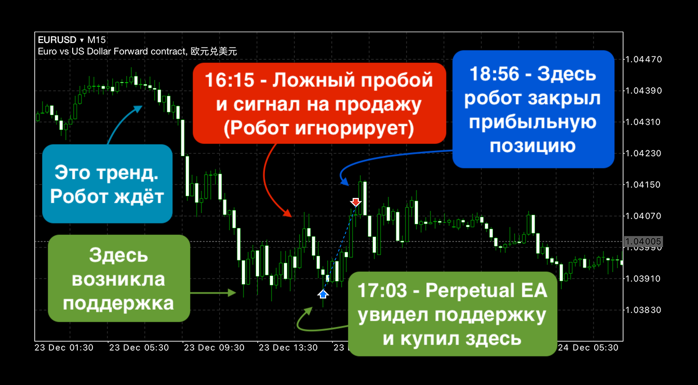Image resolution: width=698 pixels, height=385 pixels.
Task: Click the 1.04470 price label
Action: (643, 60)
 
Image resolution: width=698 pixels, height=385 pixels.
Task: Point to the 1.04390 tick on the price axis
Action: (643, 91)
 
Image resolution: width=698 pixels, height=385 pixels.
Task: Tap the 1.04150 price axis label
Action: (643, 184)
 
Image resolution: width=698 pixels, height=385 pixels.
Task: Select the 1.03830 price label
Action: (643, 310)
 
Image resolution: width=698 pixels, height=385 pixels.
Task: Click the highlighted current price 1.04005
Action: (643, 241)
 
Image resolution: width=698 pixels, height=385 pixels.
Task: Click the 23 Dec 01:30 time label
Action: (64, 348)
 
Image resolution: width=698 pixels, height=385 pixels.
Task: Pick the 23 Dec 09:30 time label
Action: (214, 348)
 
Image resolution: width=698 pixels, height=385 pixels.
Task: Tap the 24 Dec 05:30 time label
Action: (588, 348)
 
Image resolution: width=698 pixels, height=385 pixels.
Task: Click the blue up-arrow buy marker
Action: (323, 294)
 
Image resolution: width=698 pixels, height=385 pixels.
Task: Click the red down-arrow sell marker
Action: (356, 202)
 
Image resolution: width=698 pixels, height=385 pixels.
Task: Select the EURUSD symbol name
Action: (57, 40)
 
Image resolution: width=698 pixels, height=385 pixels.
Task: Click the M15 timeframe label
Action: (96, 40)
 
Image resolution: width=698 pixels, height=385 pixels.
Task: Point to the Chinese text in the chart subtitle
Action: (214, 51)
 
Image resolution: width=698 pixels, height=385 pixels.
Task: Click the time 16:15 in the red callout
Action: (230, 80)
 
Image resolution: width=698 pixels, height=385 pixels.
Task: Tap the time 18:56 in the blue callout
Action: (494, 74)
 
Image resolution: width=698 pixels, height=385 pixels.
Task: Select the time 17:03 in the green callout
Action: (382, 290)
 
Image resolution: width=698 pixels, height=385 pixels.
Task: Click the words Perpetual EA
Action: (487, 290)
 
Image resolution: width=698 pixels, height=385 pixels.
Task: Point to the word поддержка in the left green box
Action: (118, 303)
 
